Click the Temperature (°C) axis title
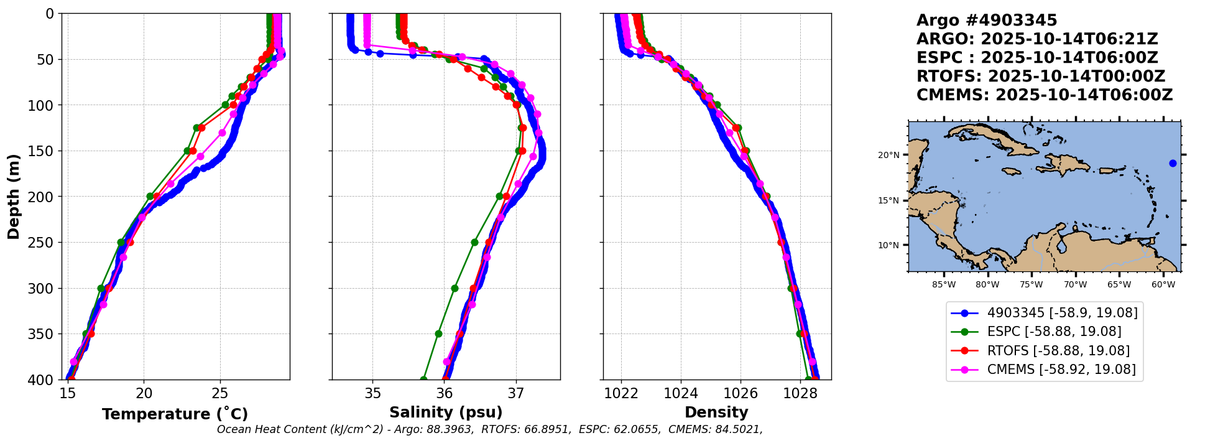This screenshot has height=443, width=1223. pyautogui.click(x=175, y=414)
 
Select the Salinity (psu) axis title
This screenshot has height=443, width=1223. pyautogui.click(x=446, y=413)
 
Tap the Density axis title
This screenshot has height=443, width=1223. pyautogui.click(x=716, y=413)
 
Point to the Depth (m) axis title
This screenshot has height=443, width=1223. pyautogui.click(x=14, y=197)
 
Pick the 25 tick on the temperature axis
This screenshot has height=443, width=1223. pyautogui.click(x=220, y=393)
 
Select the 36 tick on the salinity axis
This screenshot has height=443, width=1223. pyautogui.click(x=444, y=393)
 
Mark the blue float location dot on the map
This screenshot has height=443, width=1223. pyautogui.click(x=1173, y=164)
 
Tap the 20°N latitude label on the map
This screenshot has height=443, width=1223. pyautogui.click(x=888, y=155)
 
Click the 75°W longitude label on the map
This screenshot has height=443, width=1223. pyautogui.click(x=1031, y=285)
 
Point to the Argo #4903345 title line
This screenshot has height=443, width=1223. pyautogui.click(x=987, y=21)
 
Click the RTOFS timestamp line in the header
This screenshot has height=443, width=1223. pyautogui.click(x=1040, y=77)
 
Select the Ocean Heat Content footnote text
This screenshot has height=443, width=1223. pyautogui.click(x=489, y=429)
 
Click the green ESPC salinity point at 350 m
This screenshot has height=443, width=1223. pyautogui.click(x=438, y=333)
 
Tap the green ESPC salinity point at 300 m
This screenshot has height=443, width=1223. pyautogui.click(x=455, y=288)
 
